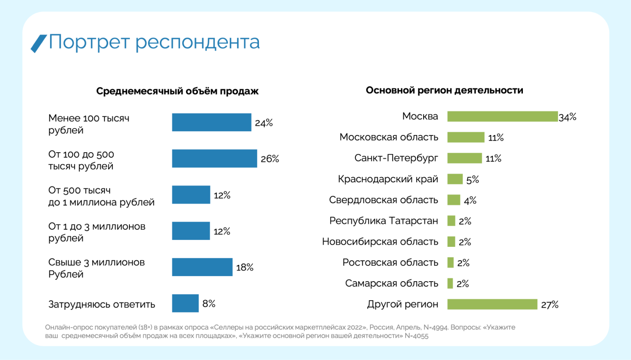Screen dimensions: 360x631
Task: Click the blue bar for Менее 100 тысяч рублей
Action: pyautogui.click(x=211, y=122)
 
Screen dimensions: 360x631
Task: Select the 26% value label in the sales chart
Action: pyautogui.click(x=270, y=159)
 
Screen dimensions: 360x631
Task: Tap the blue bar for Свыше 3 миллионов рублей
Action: pyautogui.click(x=202, y=267)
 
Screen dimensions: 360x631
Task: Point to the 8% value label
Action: pyautogui.click(x=209, y=304)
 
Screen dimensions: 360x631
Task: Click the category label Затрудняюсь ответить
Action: pyautogui.click(x=102, y=305)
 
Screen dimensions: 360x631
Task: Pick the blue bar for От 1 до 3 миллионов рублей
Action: pyautogui.click(x=191, y=231)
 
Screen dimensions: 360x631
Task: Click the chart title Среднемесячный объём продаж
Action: pyautogui.click(x=177, y=91)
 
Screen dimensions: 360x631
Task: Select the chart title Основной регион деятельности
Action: pyautogui.click(x=444, y=90)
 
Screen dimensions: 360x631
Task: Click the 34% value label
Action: pyautogui.click(x=567, y=117)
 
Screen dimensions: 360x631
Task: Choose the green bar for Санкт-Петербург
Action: pyautogui.click(x=464, y=158)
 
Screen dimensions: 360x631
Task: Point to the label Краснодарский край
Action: pyautogui.click(x=388, y=179)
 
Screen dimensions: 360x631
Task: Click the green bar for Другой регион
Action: pyautogui.click(x=492, y=304)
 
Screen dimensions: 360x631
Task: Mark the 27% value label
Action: pyautogui.click(x=549, y=305)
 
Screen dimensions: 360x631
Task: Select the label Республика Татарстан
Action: pyautogui.click(x=383, y=221)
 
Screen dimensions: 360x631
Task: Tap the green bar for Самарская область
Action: pyautogui.click(x=450, y=283)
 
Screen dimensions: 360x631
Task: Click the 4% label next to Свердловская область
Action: pyautogui.click(x=470, y=200)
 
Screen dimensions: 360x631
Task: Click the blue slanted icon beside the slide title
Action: pyautogui.click(x=39, y=43)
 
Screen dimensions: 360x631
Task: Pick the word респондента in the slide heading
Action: pyautogui.click(x=198, y=43)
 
